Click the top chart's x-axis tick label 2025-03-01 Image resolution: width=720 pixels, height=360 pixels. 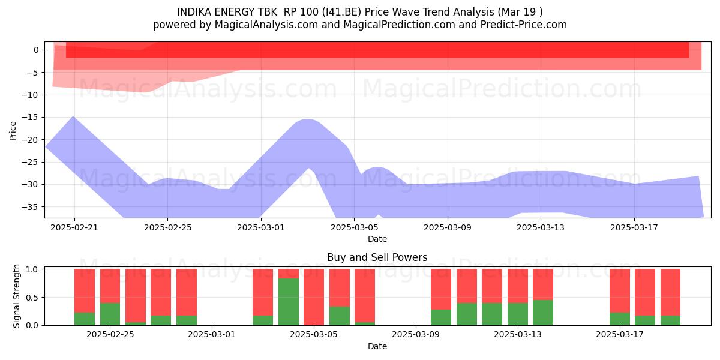(260, 227)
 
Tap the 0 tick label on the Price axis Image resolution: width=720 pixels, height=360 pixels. (36, 50)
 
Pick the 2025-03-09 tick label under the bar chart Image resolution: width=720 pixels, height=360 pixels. (416, 335)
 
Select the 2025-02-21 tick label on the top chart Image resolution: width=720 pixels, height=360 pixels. (74, 227)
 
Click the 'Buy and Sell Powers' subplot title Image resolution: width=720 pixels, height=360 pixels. (377, 257)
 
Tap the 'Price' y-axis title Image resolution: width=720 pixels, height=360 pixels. (13, 131)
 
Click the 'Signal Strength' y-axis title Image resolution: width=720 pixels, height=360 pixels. (16, 296)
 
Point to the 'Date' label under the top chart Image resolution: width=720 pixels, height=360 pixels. (377, 239)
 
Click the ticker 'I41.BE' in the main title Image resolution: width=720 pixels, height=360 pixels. (343, 12)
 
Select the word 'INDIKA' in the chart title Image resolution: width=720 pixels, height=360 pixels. (194, 12)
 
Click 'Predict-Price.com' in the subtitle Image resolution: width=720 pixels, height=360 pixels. (524, 25)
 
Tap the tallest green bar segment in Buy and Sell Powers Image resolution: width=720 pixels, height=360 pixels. (289, 302)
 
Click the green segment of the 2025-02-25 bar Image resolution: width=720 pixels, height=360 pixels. (110, 314)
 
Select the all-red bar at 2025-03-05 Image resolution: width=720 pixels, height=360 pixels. (314, 297)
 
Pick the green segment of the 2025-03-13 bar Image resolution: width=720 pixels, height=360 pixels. (517, 314)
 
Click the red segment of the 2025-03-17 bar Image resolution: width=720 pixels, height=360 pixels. (620, 291)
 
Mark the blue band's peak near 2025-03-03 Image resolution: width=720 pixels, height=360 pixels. (307, 119)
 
